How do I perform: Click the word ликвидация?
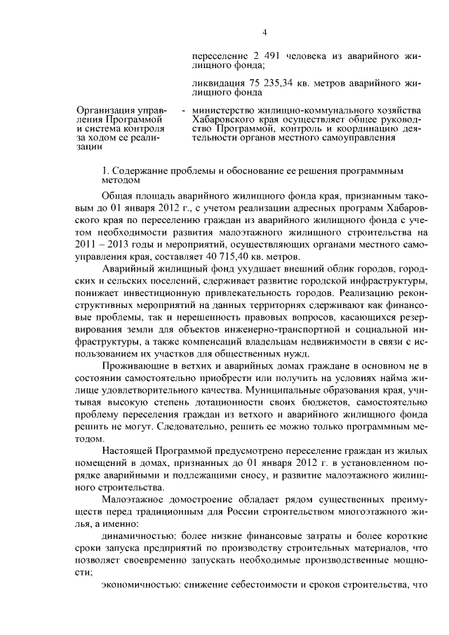[217, 81]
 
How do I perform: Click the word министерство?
[224, 110]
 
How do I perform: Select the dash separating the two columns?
[183, 110]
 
